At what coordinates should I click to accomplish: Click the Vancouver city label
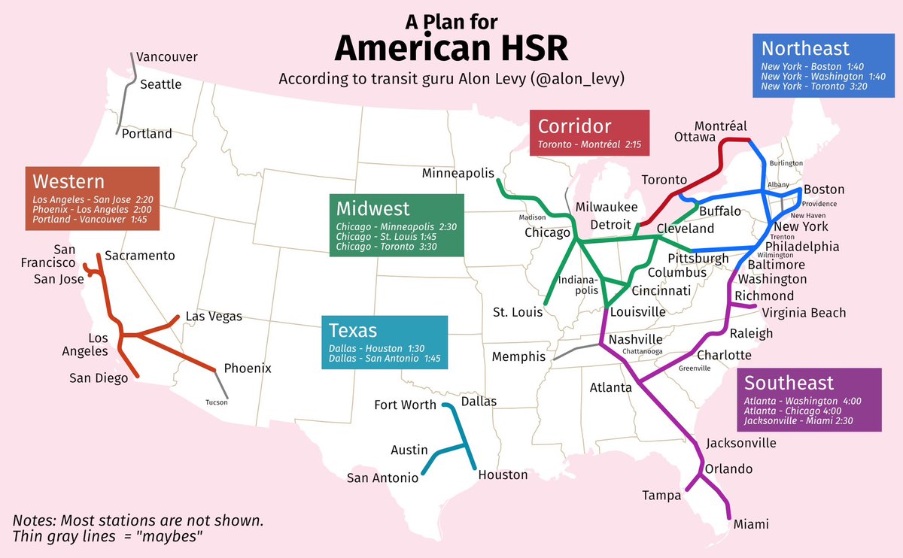pyautogui.click(x=167, y=57)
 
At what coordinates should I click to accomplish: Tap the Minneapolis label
pyautogui.click(x=458, y=174)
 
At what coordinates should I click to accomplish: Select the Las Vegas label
pyautogui.click(x=214, y=317)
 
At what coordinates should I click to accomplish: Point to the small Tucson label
pyautogui.click(x=216, y=402)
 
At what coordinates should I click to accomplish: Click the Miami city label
pyautogui.click(x=752, y=524)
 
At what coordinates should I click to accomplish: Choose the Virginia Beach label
pyautogui.click(x=804, y=313)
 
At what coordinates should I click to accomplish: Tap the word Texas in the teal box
pyautogui.click(x=353, y=330)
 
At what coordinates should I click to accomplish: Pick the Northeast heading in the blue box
pyautogui.click(x=805, y=49)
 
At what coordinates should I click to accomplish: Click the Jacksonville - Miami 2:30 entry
pyautogui.click(x=801, y=420)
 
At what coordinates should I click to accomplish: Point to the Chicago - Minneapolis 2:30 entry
pyautogui.click(x=397, y=226)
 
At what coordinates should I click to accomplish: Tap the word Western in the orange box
pyautogui.click(x=68, y=181)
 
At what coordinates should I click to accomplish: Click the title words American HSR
pyautogui.click(x=451, y=47)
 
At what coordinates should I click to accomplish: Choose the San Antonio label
pyautogui.click(x=382, y=478)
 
